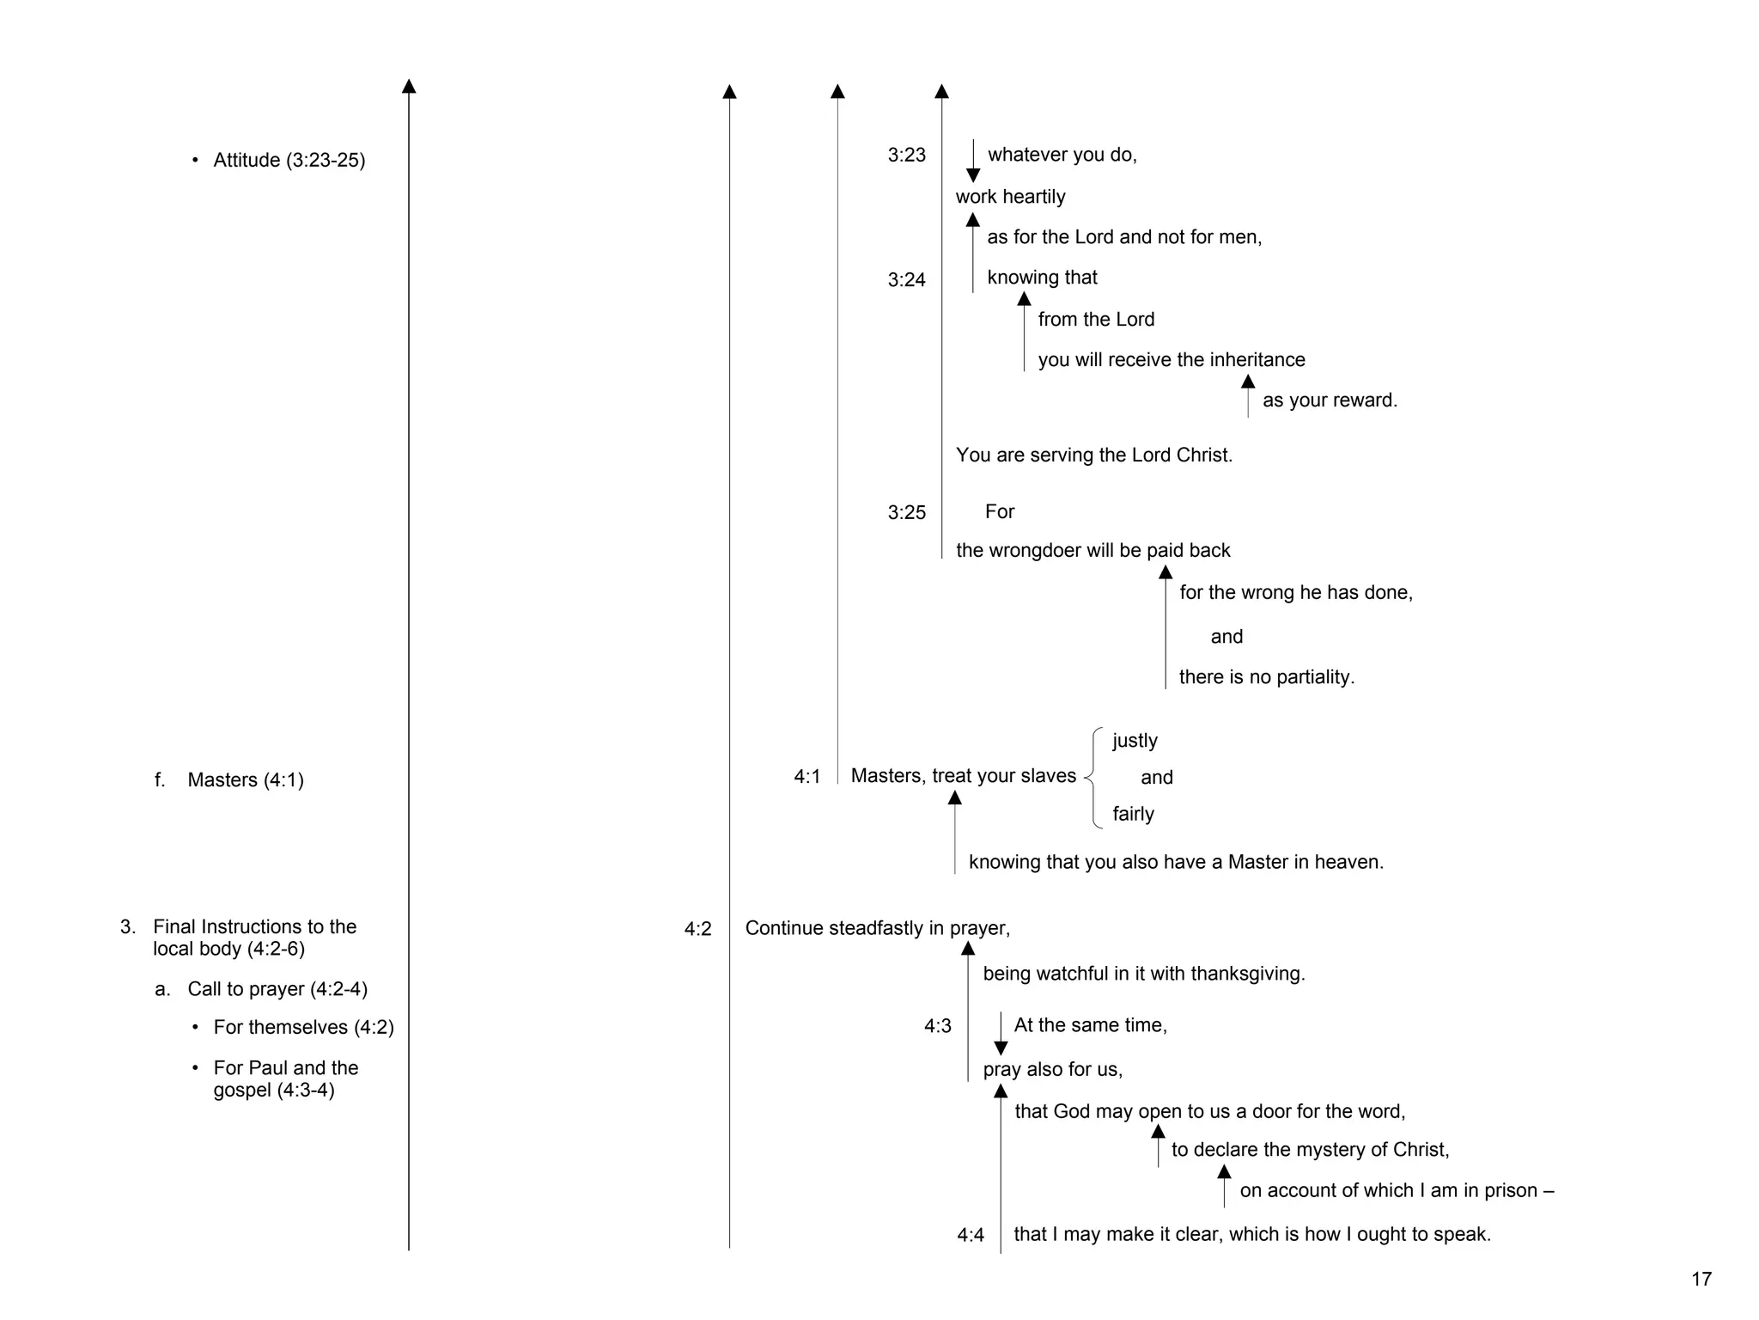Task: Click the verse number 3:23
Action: pyautogui.click(x=906, y=156)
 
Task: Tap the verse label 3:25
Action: pyautogui.click(x=906, y=513)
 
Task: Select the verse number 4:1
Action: pyautogui.click(x=806, y=777)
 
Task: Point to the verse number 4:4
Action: pyautogui.click(x=971, y=1236)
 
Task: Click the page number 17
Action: pyautogui.click(x=1701, y=1280)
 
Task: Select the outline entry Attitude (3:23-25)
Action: pyautogui.click(x=289, y=161)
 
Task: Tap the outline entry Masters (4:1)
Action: pyautogui.click(x=245, y=780)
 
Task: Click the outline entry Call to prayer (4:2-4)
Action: pyautogui.click(x=277, y=989)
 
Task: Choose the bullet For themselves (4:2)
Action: pyautogui.click(x=303, y=1028)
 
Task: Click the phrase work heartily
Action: pyautogui.click(x=1010, y=197)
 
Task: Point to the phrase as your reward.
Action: pyautogui.click(x=1329, y=400)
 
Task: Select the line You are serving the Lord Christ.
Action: pyautogui.click(x=1093, y=455)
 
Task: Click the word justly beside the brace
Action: pyautogui.click(x=1135, y=741)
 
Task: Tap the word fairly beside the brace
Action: pyautogui.click(x=1133, y=815)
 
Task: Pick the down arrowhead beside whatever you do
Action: pyautogui.click(x=972, y=174)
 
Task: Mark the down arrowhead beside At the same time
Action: pyautogui.click(x=1000, y=1048)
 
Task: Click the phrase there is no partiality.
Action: pyautogui.click(x=1266, y=677)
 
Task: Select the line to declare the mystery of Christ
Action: pyautogui.click(x=1310, y=1150)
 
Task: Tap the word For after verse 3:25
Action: pyautogui.click(x=1000, y=512)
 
